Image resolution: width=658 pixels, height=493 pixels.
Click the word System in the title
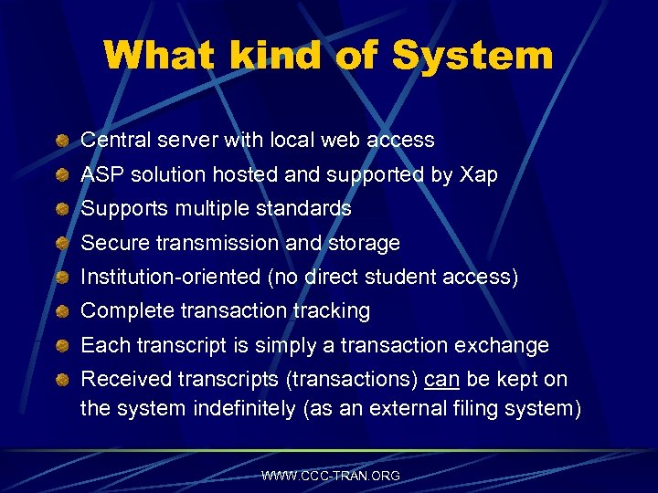pyautogui.click(x=472, y=56)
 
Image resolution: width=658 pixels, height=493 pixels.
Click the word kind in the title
pyautogui.click(x=269, y=56)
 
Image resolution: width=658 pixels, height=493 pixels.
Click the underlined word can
pyautogui.click(x=442, y=380)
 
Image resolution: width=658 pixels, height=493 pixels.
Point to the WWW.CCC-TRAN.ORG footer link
pyautogui.click(x=330, y=476)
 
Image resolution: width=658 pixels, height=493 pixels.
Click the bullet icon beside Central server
pyautogui.click(x=61, y=141)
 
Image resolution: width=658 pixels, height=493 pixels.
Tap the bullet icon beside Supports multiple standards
pyautogui.click(x=61, y=209)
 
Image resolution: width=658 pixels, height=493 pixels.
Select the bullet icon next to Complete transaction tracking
pyautogui.click(x=61, y=311)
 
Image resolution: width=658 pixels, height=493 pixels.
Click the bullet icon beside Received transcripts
pyautogui.click(x=61, y=380)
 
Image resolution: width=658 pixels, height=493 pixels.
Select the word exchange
pyautogui.click(x=506, y=346)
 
